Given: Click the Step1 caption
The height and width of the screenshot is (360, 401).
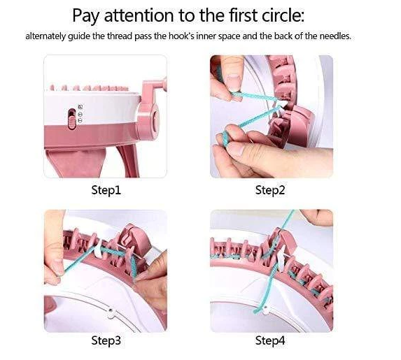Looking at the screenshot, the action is (x=106, y=190).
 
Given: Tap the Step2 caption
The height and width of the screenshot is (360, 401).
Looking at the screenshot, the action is (x=270, y=190).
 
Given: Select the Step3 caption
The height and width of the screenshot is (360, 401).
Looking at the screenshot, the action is (x=106, y=340).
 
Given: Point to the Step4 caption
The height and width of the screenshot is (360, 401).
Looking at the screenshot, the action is (x=270, y=340).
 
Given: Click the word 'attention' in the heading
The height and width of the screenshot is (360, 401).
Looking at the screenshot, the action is (x=139, y=15).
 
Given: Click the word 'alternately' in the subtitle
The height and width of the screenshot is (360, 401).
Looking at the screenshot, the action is (x=45, y=36).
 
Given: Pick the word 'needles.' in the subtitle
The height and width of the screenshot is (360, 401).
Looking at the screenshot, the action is (x=335, y=36).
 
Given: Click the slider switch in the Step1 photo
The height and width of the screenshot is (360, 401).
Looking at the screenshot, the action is (x=72, y=119).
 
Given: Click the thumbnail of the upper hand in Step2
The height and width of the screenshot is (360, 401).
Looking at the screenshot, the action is (x=234, y=82).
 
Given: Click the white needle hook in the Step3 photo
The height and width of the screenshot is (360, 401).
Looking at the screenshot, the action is (x=98, y=249).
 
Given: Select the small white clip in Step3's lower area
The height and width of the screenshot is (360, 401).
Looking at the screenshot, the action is (x=111, y=313).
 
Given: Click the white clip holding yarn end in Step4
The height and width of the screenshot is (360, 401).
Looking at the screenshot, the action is (x=265, y=310).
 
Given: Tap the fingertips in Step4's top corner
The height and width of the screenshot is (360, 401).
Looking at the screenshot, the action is (x=317, y=216).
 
